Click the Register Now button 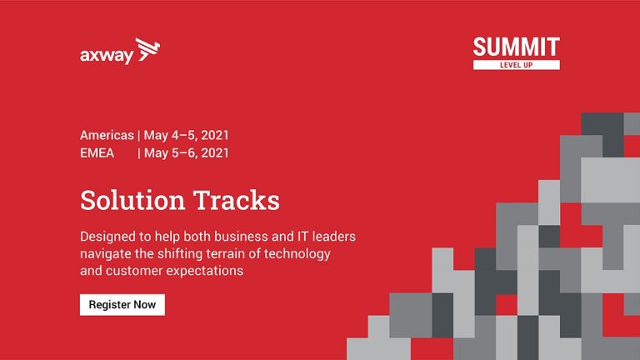tap(122, 305)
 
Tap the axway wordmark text tap(107, 56)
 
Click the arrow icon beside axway tap(147, 50)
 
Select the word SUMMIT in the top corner tap(517, 47)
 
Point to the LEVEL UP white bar tap(517, 65)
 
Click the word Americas tap(107, 135)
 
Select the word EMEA tap(97, 153)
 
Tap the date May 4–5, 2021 tap(186, 136)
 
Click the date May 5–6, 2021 tap(186, 153)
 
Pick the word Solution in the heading tap(132, 200)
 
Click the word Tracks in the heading tap(237, 200)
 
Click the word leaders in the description tap(334, 237)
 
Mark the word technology tap(297, 254)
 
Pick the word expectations tap(205, 271)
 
